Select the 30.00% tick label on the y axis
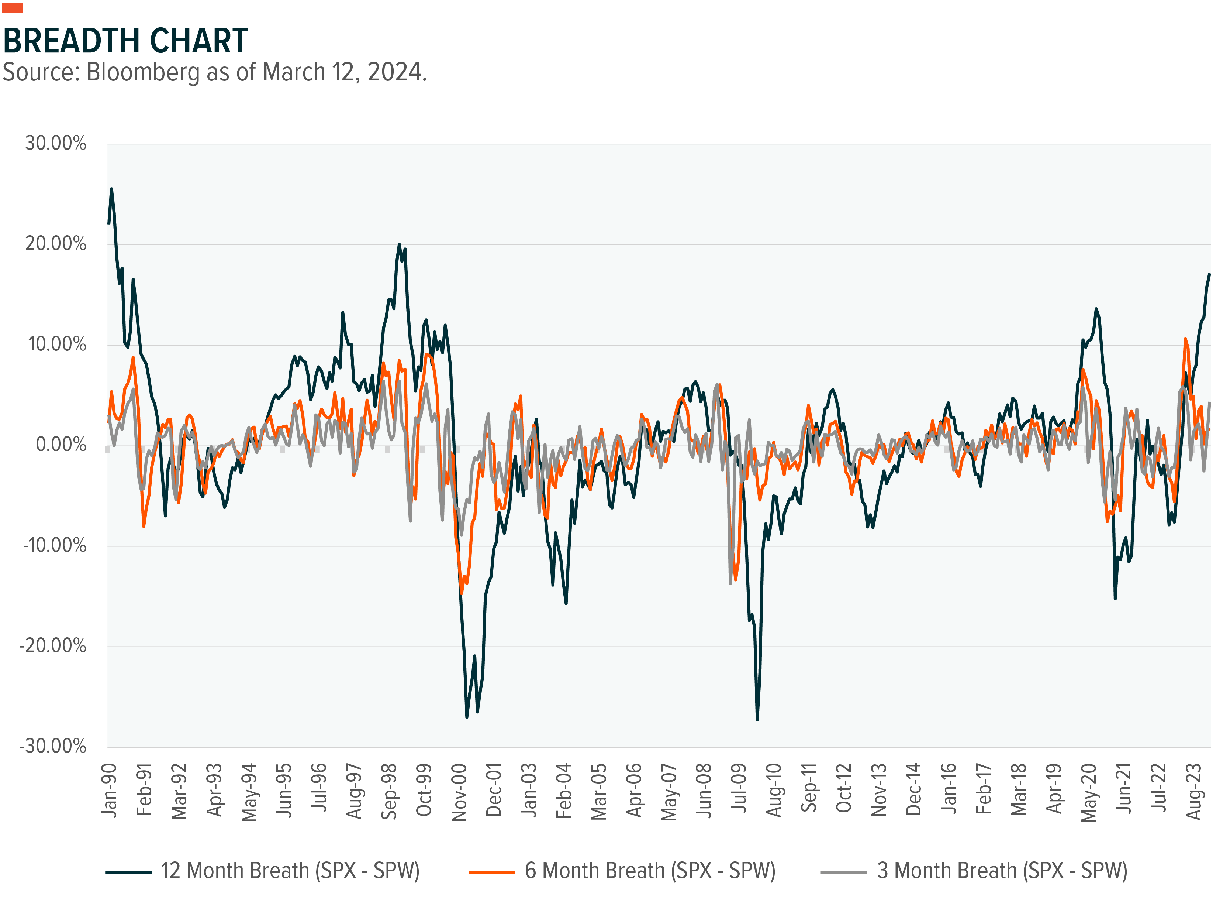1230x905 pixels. click(x=56, y=144)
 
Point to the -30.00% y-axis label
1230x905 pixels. click(x=53, y=746)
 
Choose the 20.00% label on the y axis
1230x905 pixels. click(x=56, y=244)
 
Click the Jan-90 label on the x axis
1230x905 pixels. click(x=110, y=790)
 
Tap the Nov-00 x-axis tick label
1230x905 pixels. click(x=459, y=792)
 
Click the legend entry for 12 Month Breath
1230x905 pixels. click(x=262, y=871)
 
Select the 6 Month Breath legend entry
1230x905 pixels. click(x=622, y=871)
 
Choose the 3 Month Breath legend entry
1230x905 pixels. click(x=974, y=871)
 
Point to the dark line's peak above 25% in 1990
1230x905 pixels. click(x=112, y=189)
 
